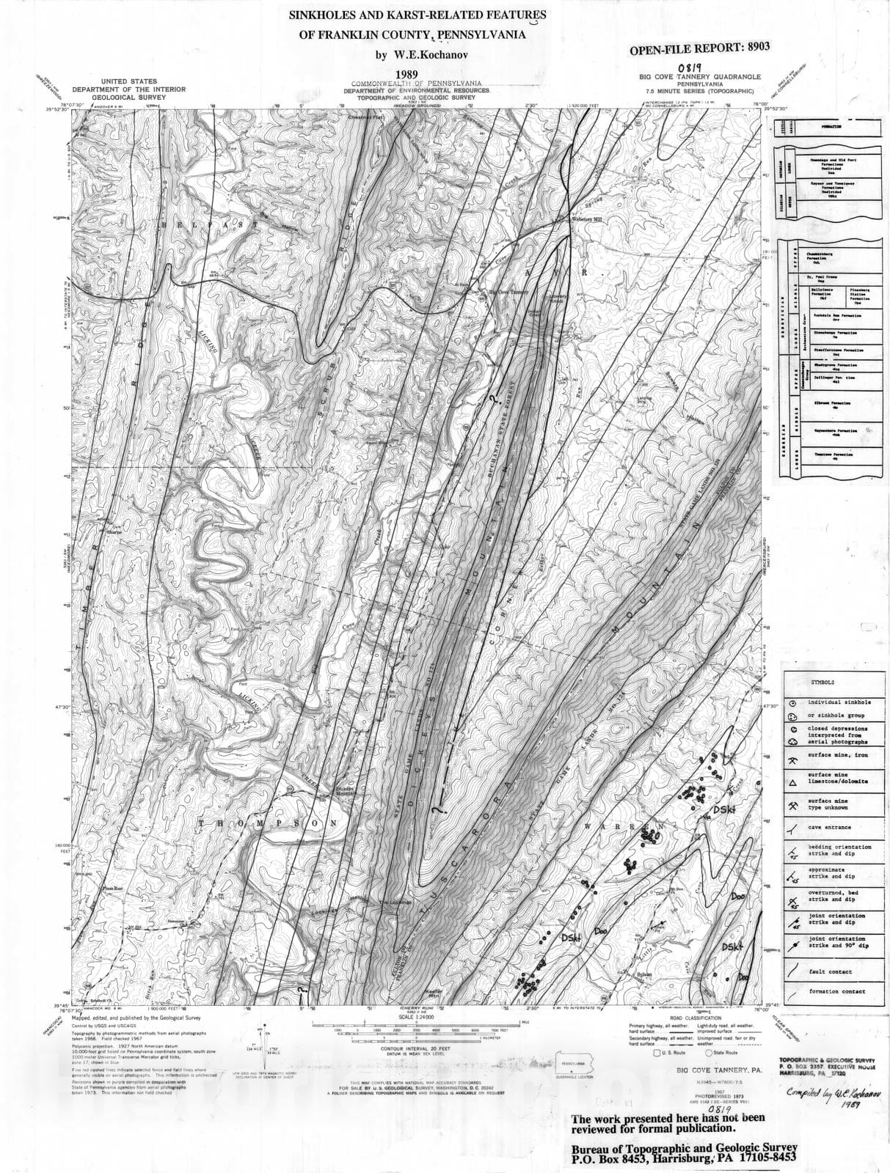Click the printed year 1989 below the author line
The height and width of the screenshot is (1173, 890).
(407, 74)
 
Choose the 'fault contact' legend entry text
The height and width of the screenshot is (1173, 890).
(830, 971)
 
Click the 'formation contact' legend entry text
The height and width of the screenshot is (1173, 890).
(837, 991)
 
